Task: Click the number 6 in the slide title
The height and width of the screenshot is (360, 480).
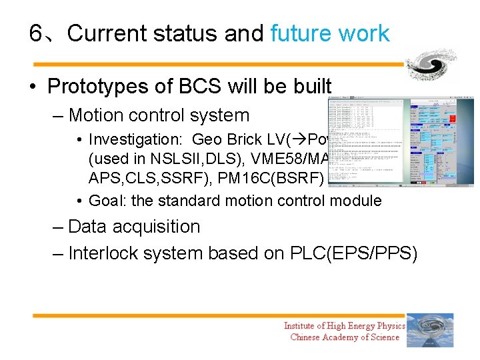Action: (x=37, y=33)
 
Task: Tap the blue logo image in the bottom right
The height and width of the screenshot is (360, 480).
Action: (x=430, y=330)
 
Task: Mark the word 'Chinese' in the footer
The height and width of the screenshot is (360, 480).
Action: (x=307, y=337)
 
